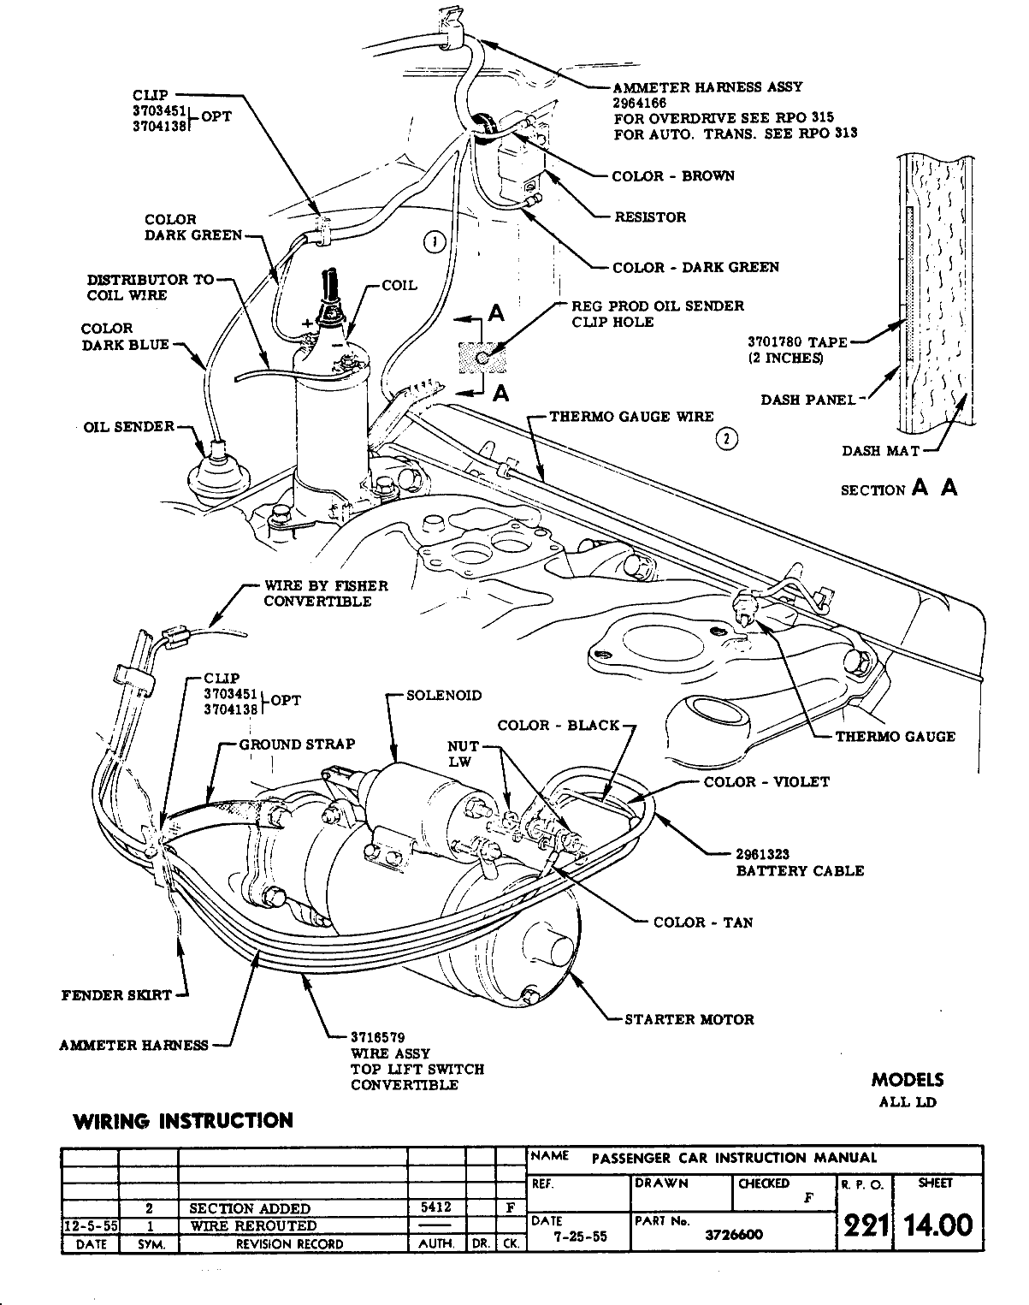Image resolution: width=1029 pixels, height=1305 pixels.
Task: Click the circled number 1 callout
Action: pyautogui.click(x=435, y=242)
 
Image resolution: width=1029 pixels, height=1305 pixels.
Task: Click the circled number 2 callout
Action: pyautogui.click(x=726, y=439)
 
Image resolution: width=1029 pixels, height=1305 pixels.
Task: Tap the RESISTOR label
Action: pyautogui.click(x=650, y=217)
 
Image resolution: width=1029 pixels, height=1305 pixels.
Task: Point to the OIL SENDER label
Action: pyautogui.click(x=129, y=426)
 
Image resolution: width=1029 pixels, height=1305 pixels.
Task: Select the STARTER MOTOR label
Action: pyautogui.click(x=689, y=1019)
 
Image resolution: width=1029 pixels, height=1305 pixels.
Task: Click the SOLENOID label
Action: pyautogui.click(x=444, y=695)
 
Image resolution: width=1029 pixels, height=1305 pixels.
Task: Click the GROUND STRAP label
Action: pyautogui.click(x=297, y=744)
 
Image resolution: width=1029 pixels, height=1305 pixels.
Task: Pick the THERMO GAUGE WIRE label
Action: pyautogui.click(x=631, y=417)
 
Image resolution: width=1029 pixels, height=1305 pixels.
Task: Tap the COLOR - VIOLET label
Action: pyautogui.click(x=766, y=781)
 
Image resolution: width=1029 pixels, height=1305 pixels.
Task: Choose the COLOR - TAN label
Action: pyautogui.click(x=703, y=922)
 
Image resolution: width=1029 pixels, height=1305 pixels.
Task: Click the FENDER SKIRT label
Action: pyautogui.click(x=116, y=995)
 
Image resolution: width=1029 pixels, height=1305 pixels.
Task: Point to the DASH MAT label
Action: pyautogui.click(x=881, y=450)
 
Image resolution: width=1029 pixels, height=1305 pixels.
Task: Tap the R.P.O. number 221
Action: pyautogui.click(x=864, y=1225)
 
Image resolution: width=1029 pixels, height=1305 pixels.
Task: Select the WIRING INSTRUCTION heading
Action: pyautogui.click(x=183, y=1120)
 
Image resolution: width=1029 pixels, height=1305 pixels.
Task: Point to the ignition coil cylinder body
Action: pyautogui.click(x=331, y=428)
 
